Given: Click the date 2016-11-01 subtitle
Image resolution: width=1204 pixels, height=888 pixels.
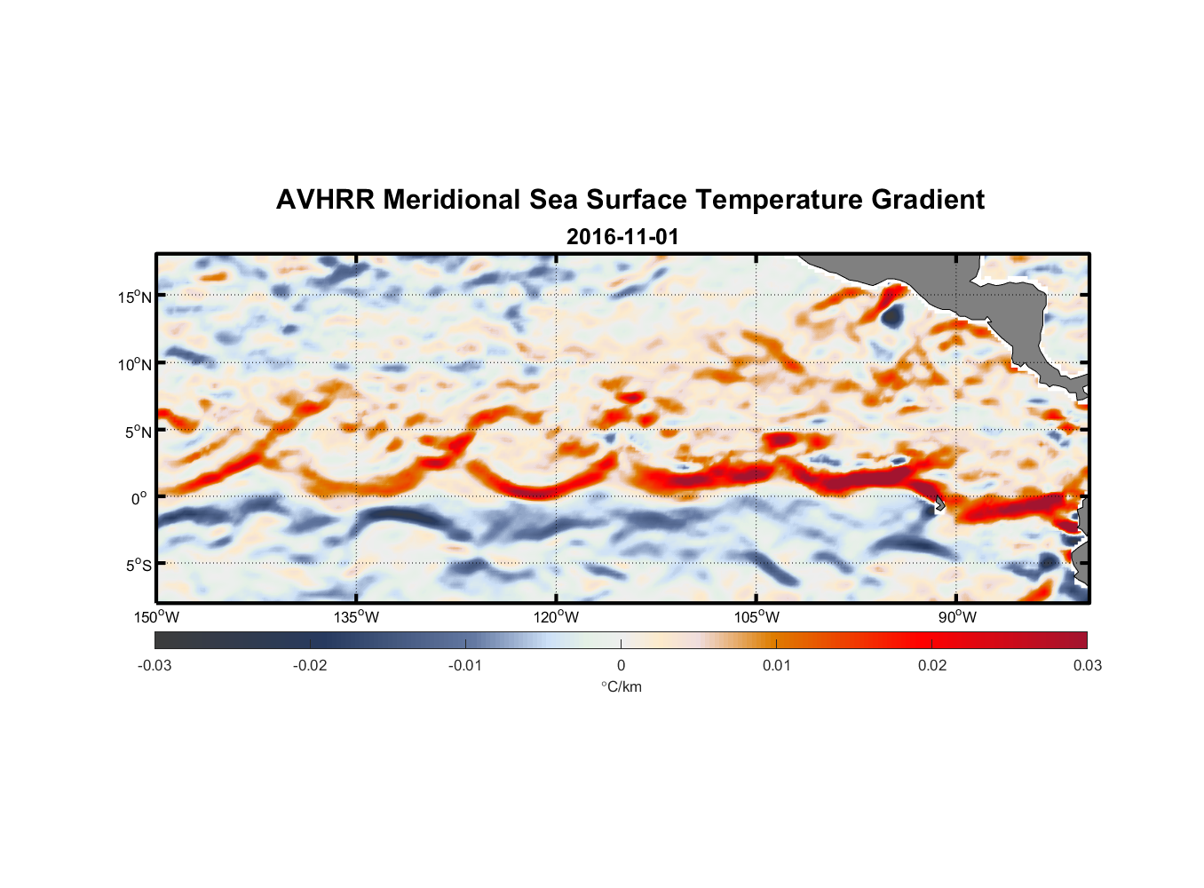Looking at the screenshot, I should coord(622,237).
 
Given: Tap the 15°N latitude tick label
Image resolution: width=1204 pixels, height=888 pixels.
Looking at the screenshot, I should coord(135,297).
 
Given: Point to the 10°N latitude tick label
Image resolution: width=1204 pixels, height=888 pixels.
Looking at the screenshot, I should coord(135,364).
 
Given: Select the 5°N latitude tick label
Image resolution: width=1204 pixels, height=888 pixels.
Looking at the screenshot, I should coord(138,432).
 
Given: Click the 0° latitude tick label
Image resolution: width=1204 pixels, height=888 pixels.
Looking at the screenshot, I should coord(139,498).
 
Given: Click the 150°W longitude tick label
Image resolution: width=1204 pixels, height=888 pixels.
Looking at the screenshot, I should coord(156,617).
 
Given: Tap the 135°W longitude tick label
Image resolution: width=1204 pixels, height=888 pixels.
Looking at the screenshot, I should coord(356,617).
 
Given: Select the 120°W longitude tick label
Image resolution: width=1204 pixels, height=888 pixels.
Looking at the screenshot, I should coord(556,617).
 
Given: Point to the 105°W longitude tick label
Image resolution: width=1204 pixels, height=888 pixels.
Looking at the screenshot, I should coord(756,617).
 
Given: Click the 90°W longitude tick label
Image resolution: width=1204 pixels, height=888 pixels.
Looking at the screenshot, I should coord(957,617).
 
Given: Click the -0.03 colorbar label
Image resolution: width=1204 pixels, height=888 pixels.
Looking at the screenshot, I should coord(154,665).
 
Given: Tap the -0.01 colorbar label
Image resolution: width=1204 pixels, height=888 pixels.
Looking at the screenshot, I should coord(465,665).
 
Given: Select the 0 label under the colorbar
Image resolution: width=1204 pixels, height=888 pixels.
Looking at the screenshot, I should coord(621,665).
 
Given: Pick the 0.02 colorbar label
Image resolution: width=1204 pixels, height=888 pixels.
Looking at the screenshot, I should coord(932,665).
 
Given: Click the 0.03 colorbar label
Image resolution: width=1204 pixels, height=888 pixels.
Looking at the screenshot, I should coord(1087,665).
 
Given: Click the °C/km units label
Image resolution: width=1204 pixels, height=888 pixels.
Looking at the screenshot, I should coord(621,686).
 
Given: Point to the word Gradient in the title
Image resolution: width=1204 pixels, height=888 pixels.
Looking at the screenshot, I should coord(927,200).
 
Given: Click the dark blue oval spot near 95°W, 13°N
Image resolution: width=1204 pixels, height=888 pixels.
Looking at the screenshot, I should coord(891,314).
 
